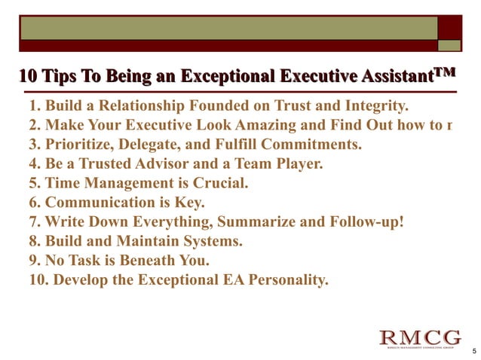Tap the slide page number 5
472,351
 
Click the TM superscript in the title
446,73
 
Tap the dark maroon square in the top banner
450,28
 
